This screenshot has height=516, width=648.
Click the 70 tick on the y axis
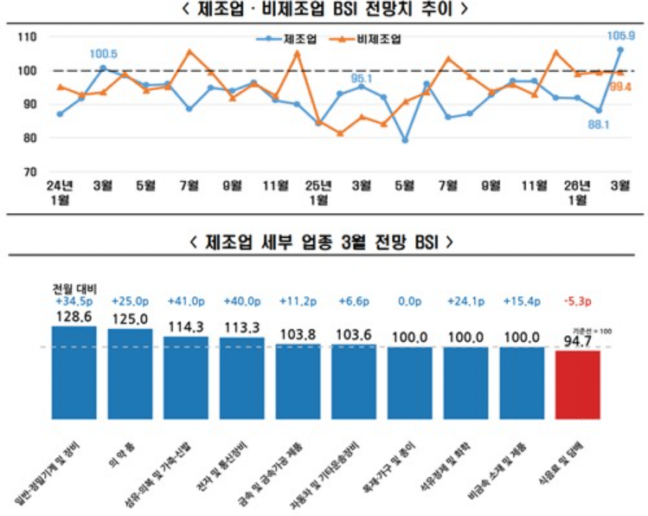[x=29, y=172]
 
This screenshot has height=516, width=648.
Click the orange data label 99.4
[x=620, y=87]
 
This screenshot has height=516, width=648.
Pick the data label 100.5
[x=104, y=55]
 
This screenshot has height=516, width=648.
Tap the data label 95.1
[x=362, y=78]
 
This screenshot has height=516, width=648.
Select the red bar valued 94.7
[x=577, y=386]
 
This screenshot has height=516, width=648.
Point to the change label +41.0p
[x=185, y=301]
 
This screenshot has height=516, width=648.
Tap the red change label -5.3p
[x=577, y=301]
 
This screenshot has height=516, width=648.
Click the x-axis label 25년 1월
[x=318, y=192]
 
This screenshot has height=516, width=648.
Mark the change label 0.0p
[x=410, y=301]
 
